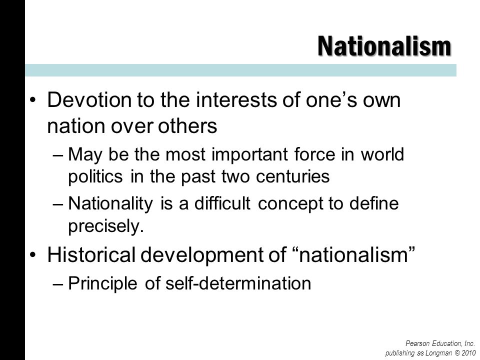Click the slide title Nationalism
pyautogui.click(x=384, y=46)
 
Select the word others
pyautogui.click(x=187, y=125)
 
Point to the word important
pyautogui.click(x=249, y=154)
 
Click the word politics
pyautogui.click(x=95, y=176)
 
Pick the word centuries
pyautogui.click(x=292, y=176)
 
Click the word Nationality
pyautogui.click(x=110, y=204)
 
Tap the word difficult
pyautogui.click(x=222, y=203)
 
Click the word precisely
pyautogui.click(x=105, y=226)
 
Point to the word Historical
pyautogui.click(x=91, y=254)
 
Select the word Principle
pyautogui.click(x=102, y=283)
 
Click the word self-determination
pyautogui.click(x=238, y=283)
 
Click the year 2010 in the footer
pyautogui.click(x=469, y=353)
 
